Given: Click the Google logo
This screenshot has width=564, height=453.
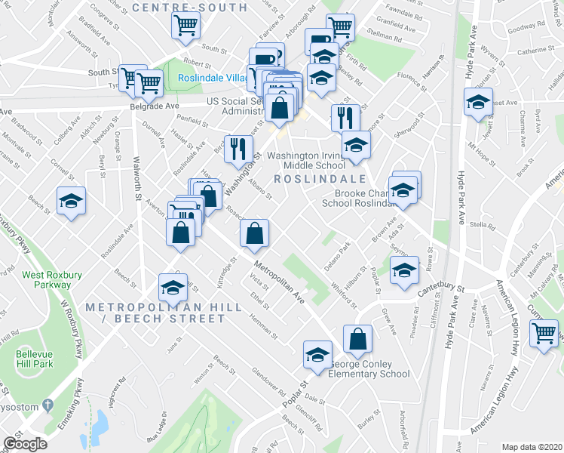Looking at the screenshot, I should [25, 444].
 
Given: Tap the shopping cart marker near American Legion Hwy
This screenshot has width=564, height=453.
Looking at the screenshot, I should [544, 332].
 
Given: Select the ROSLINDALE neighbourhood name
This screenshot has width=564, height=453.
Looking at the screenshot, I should [319, 179].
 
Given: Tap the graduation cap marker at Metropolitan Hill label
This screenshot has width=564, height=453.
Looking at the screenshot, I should [173, 287].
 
